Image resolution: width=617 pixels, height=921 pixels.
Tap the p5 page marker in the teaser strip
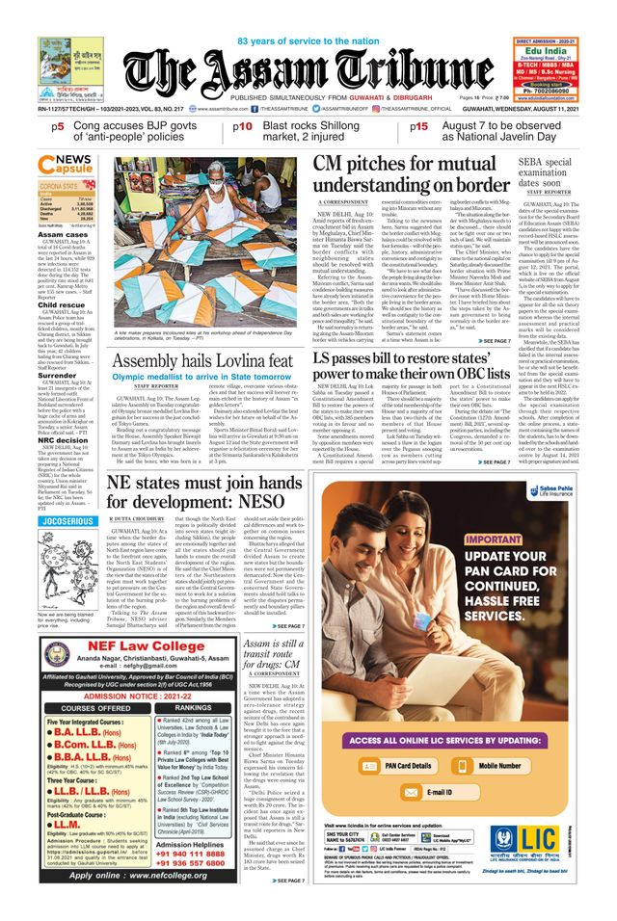(x=59, y=126)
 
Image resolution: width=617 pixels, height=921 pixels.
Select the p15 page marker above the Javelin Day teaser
(x=419, y=126)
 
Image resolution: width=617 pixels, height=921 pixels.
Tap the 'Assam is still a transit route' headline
(x=275, y=658)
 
